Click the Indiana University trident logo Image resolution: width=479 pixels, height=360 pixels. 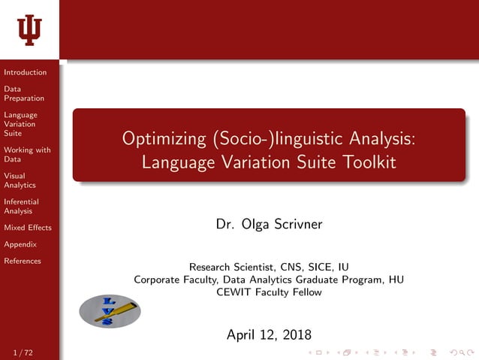pos(29,29)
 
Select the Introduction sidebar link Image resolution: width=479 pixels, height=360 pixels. pos(25,72)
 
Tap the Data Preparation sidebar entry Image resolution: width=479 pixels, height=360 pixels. pos(24,93)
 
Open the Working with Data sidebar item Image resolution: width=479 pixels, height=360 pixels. pos(27,154)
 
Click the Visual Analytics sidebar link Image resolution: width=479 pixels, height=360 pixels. pos(20,180)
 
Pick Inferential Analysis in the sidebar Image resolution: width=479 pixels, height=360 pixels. pos(21,206)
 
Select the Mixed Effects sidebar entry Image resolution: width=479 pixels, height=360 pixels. pos(28,228)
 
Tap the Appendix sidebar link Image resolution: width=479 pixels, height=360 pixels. pos(20,244)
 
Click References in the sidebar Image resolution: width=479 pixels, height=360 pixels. pos(23,261)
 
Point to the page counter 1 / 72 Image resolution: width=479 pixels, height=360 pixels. pos(23,352)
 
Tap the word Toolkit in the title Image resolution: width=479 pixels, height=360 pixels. pos(367,162)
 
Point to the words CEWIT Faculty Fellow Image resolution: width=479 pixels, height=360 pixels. pos(268,292)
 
